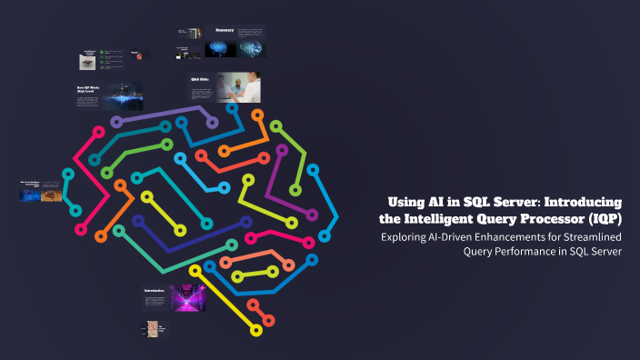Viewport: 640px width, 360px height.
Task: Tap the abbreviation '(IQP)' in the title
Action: tap(601, 219)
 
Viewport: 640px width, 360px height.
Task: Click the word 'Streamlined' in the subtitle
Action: tap(585, 237)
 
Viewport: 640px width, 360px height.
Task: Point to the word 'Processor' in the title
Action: tap(544, 219)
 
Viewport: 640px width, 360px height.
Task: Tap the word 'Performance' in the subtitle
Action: tap(533, 253)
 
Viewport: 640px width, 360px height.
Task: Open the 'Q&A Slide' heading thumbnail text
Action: tap(199, 79)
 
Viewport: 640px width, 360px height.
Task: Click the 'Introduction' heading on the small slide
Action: tap(155, 291)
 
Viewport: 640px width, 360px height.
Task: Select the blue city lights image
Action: tap(123, 96)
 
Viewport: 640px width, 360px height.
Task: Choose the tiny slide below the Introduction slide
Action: tap(155, 328)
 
